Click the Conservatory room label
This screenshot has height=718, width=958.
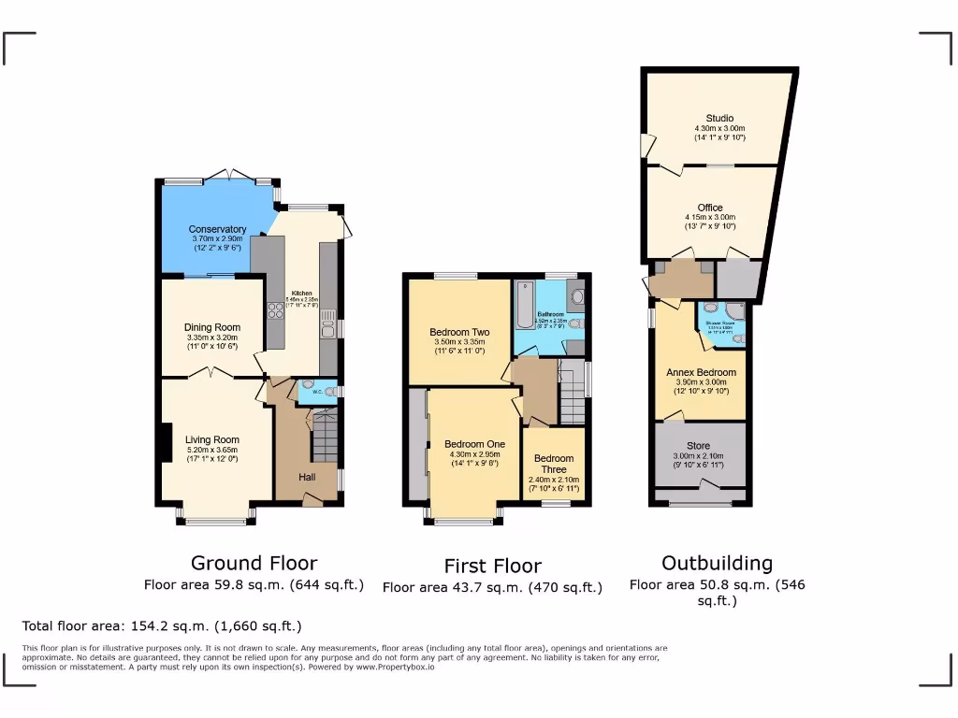click(x=217, y=229)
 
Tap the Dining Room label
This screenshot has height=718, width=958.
click(x=211, y=327)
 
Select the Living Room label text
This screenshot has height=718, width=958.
click(x=211, y=439)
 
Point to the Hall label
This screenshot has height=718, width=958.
click(x=307, y=477)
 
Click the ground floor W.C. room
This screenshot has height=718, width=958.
click(x=316, y=392)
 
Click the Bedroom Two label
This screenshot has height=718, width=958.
click(x=459, y=332)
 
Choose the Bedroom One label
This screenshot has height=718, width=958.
click(x=474, y=444)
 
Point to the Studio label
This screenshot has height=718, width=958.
click(x=719, y=118)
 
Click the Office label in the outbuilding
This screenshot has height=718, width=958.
click(x=710, y=208)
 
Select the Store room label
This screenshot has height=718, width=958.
click(x=698, y=446)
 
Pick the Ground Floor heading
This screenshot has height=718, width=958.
click(x=254, y=563)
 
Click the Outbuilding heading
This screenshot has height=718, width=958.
click(x=717, y=563)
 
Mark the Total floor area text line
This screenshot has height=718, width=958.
click(x=161, y=626)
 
